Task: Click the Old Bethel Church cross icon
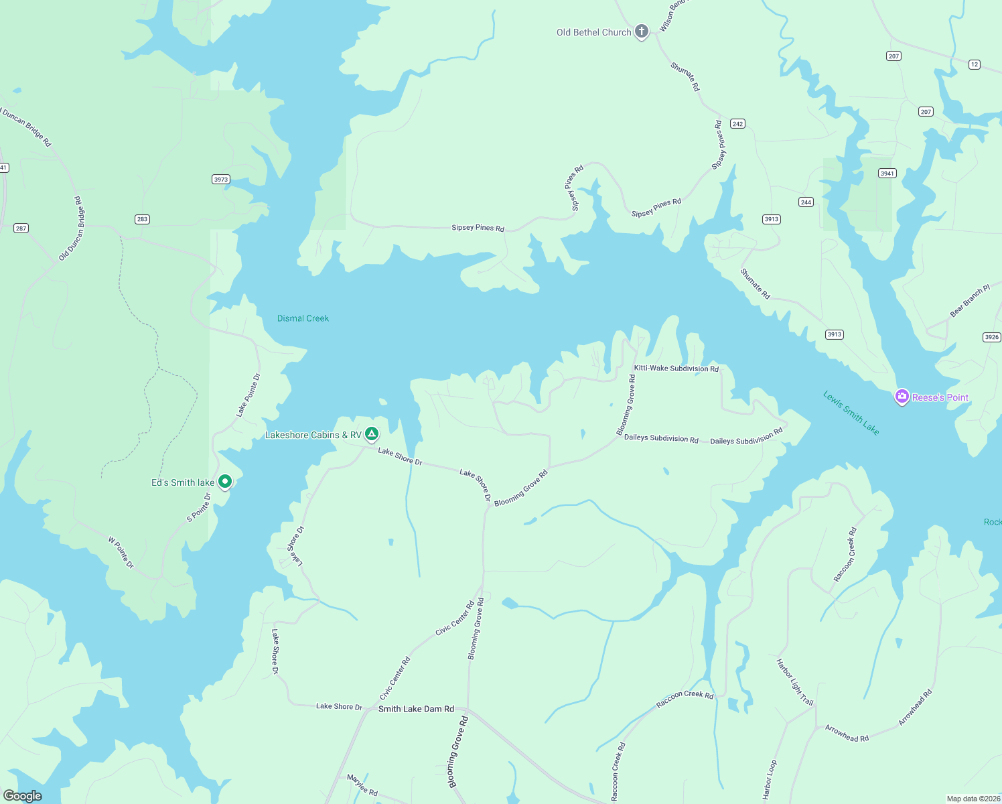click(x=641, y=31)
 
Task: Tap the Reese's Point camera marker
click(x=902, y=397)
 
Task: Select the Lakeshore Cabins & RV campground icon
click(x=372, y=434)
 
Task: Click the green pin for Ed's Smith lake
click(x=226, y=481)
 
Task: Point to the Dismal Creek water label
click(x=303, y=318)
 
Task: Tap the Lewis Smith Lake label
click(x=851, y=413)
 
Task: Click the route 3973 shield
click(x=221, y=179)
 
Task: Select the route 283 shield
click(x=142, y=219)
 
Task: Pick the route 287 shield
click(x=21, y=228)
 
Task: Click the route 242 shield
click(x=737, y=123)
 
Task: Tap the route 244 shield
click(x=806, y=202)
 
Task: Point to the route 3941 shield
click(x=887, y=173)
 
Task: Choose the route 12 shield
click(x=975, y=64)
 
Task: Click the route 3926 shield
click(x=992, y=337)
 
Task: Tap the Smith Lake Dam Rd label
click(x=416, y=709)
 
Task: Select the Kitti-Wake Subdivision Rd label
click(x=676, y=368)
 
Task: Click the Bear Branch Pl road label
click(x=969, y=301)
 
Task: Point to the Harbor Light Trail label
click(x=794, y=682)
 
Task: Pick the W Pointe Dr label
click(x=121, y=552)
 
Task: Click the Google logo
click(x=23, y=796)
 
